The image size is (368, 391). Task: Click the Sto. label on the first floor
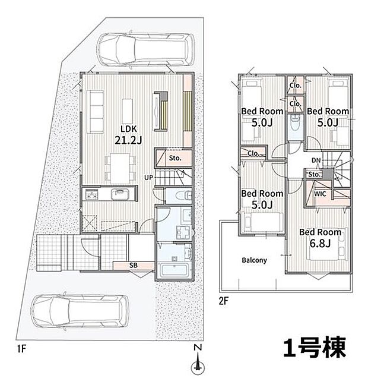pyautogui.click(x=175, y=159)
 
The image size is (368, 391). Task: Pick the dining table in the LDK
pyautogui.click(x=120, y=163)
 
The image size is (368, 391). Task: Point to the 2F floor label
pyautogui.click(x=223, y=301)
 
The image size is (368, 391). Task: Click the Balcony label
pyautogui.click(x=254, y=260)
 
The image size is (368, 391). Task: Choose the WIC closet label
pyautogui.click(x=319, y=194)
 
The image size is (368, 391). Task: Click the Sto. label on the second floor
pyautogui.click(x=314, y=175)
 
